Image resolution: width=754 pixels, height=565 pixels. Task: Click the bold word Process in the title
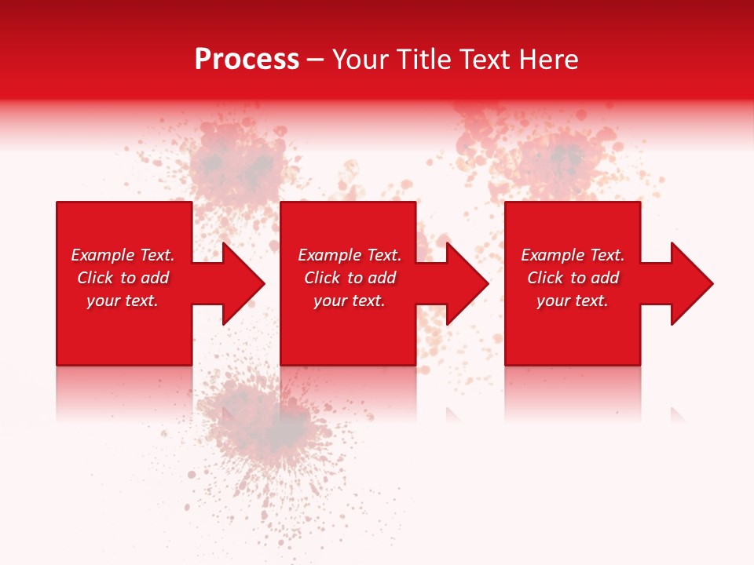coord(247,60)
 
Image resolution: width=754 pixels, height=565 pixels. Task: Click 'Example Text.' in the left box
coord(123,255)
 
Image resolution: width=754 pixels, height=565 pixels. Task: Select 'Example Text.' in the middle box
coord(350,255)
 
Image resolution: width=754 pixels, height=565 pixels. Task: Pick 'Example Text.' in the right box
coord(573,255)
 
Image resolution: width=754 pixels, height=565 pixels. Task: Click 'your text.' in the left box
coord(123,301)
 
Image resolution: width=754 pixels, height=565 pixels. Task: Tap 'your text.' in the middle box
coord(350,301)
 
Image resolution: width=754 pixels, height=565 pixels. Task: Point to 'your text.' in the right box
coord(573,301)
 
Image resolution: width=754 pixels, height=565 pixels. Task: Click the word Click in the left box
coord(95,278)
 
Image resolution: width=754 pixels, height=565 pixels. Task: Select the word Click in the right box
coord(545,278)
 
